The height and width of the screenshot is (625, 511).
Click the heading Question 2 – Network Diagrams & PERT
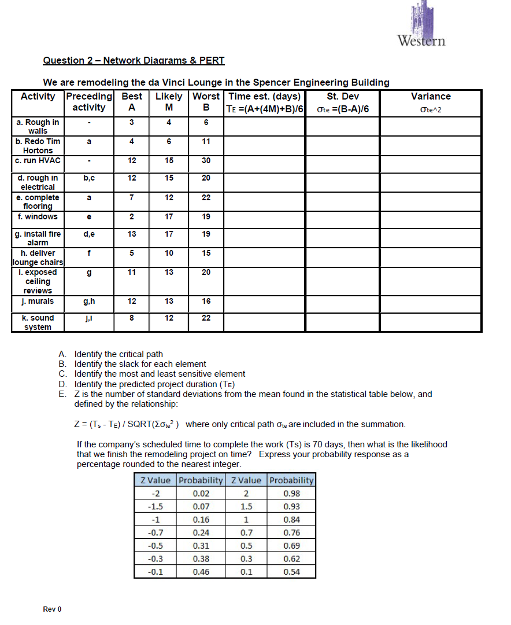[x=134, y=61]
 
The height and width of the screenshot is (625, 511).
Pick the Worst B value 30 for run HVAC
[x=206, y=160]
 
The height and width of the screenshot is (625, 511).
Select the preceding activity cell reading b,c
[x=89, y=178]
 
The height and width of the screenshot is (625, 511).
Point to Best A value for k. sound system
[x=132, y=318]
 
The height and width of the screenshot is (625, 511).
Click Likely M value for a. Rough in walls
[x=169, y=122]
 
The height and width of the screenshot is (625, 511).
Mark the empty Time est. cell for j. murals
[x=264, y=302]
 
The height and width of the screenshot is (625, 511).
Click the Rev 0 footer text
[x=52, y=609]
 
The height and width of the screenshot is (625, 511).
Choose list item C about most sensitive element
[x=160, y=374]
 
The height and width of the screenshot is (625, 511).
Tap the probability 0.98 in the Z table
[x=291, y=494]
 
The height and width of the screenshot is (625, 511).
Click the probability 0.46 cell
[x=201, y=572]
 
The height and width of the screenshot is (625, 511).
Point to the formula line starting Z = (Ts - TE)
[x=240, y=424]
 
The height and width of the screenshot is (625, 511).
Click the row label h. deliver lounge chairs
[x=38, y=258]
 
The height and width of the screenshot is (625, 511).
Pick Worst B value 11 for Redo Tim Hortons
[x=206, y=141]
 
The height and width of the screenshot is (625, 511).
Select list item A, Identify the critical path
[x=119, y=354]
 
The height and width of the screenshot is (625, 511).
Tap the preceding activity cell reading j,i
[x=89, y=318]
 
